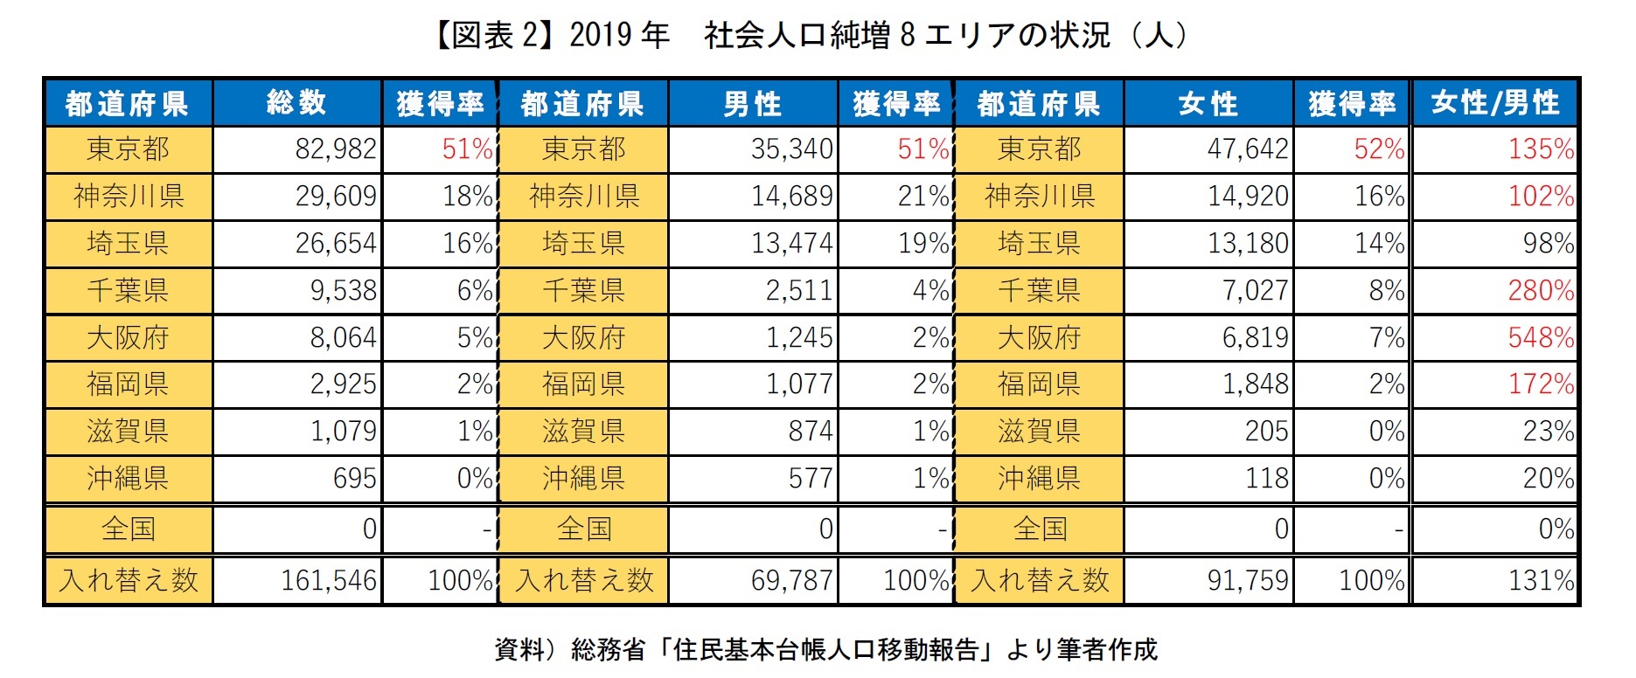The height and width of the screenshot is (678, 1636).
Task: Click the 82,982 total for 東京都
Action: coord(335,149)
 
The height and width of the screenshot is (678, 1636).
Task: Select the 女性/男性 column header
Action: coord(1495,103)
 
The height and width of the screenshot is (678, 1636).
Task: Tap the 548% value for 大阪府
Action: coord(1540,338)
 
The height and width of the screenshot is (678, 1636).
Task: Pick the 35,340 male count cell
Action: coord(791,149)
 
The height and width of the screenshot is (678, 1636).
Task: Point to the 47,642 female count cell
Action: coord(1248,149)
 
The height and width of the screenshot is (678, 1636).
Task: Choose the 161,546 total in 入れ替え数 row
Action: coord(329,581)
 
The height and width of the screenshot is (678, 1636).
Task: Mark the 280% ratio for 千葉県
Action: coord(1540,291)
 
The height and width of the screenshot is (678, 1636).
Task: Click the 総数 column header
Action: coord(297,103)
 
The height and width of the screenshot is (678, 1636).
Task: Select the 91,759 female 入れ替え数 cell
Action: coord(1248,581)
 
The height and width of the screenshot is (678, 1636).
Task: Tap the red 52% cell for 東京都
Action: coord(1379,149)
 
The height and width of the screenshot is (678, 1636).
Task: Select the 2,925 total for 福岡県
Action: coord(343,384)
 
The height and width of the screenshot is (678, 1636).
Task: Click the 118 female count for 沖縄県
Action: coord(1266,479)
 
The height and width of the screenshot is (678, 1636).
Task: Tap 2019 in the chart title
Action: coord(600,35)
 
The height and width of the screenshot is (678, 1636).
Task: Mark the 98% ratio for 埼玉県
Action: coord(1548,244)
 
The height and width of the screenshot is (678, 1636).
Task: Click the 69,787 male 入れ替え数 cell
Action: coord(791,581)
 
